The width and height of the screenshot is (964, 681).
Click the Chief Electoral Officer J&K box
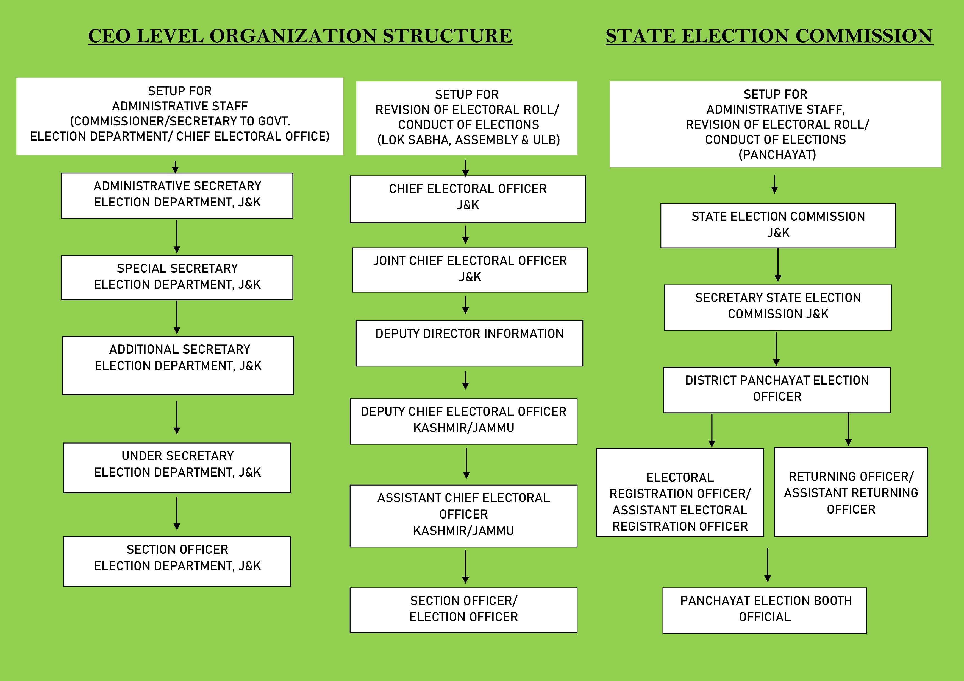point(468,199)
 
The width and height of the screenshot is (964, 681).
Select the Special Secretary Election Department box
point(177,277)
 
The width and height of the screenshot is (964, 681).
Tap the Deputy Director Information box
point(470,343)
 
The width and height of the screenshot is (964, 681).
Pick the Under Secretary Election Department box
point(177,468)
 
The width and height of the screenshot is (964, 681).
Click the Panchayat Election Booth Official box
point(765,610)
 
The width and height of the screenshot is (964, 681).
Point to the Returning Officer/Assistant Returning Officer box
point(851,492)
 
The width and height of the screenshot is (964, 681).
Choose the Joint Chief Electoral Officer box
point(470,270)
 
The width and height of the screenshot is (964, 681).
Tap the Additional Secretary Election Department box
point(178,365)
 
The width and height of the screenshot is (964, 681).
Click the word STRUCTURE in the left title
point(447,36)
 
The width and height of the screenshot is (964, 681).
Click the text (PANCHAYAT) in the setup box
point(777,155)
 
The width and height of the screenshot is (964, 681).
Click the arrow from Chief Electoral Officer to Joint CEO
point(465,235)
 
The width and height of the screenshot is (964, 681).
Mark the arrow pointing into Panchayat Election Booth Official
point(768,565)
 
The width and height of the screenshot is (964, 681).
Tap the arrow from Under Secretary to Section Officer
point(177,513)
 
